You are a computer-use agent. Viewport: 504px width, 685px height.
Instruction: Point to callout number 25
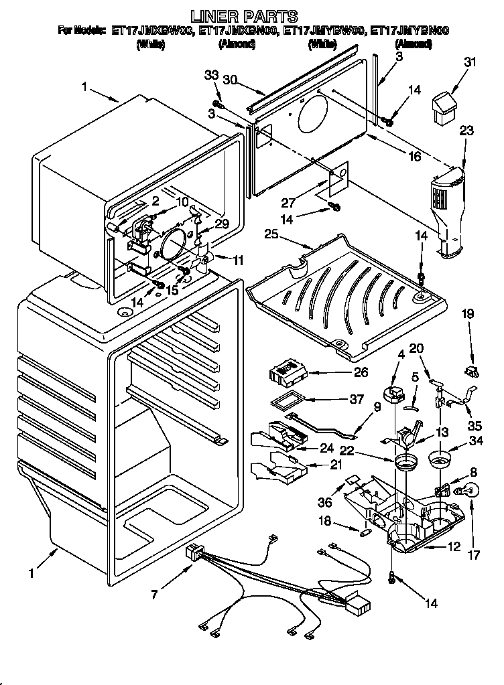[271, 235]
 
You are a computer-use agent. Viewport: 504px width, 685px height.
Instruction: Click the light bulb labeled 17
[469, 491]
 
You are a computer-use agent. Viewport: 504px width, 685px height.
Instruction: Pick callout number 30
[231, 79]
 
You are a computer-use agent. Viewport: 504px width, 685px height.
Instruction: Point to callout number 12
[454, 548]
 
